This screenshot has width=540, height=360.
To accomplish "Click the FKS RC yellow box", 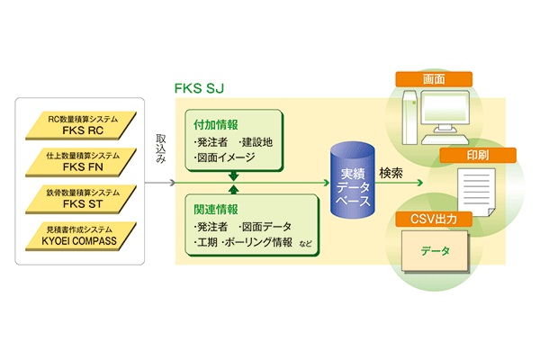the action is [81, 125].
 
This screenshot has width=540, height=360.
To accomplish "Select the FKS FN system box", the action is [81, 162].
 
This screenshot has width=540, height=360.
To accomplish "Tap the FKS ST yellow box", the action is [81, 199].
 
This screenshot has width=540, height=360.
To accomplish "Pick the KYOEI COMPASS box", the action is [81, 236].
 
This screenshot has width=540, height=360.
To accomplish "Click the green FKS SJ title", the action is [199, 88].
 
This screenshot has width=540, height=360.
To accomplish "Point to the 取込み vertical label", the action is [161, 148].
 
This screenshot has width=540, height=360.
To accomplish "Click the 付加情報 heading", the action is [216, 124].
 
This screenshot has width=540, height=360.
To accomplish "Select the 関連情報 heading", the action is [216, 209].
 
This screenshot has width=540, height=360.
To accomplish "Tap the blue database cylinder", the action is [352, 179].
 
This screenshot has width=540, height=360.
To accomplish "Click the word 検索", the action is [391, 173].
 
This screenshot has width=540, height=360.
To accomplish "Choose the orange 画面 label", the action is [434, 79].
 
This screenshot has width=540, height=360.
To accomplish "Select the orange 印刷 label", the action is [478, 156].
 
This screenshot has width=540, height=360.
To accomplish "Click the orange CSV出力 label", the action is [434, 219].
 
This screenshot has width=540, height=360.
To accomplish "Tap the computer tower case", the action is [409, 117].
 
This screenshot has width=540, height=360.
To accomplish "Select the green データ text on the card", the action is [435, 251].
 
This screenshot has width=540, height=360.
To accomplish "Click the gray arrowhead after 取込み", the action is [173, 183].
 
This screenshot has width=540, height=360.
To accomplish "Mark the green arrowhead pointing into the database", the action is [327, 183].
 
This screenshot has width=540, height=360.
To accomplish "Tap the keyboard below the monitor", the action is [445, 139].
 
